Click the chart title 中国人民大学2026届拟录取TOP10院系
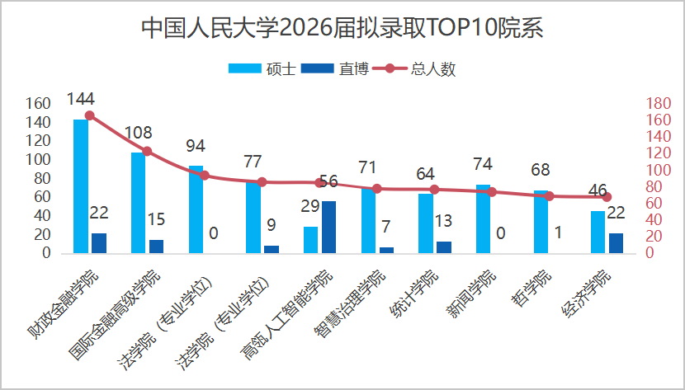pos(342,28)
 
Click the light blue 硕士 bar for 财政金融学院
pos(81,186)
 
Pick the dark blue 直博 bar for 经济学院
pos(616,243)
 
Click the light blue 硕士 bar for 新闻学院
pos(484,218)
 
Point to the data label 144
pos(80,99)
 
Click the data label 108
pos(138,133)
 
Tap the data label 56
pos(328,181)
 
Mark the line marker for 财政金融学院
pos(89,116)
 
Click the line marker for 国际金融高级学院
pos(147,151)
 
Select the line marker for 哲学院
pos(550,196)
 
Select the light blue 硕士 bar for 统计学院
pos(426,223)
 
